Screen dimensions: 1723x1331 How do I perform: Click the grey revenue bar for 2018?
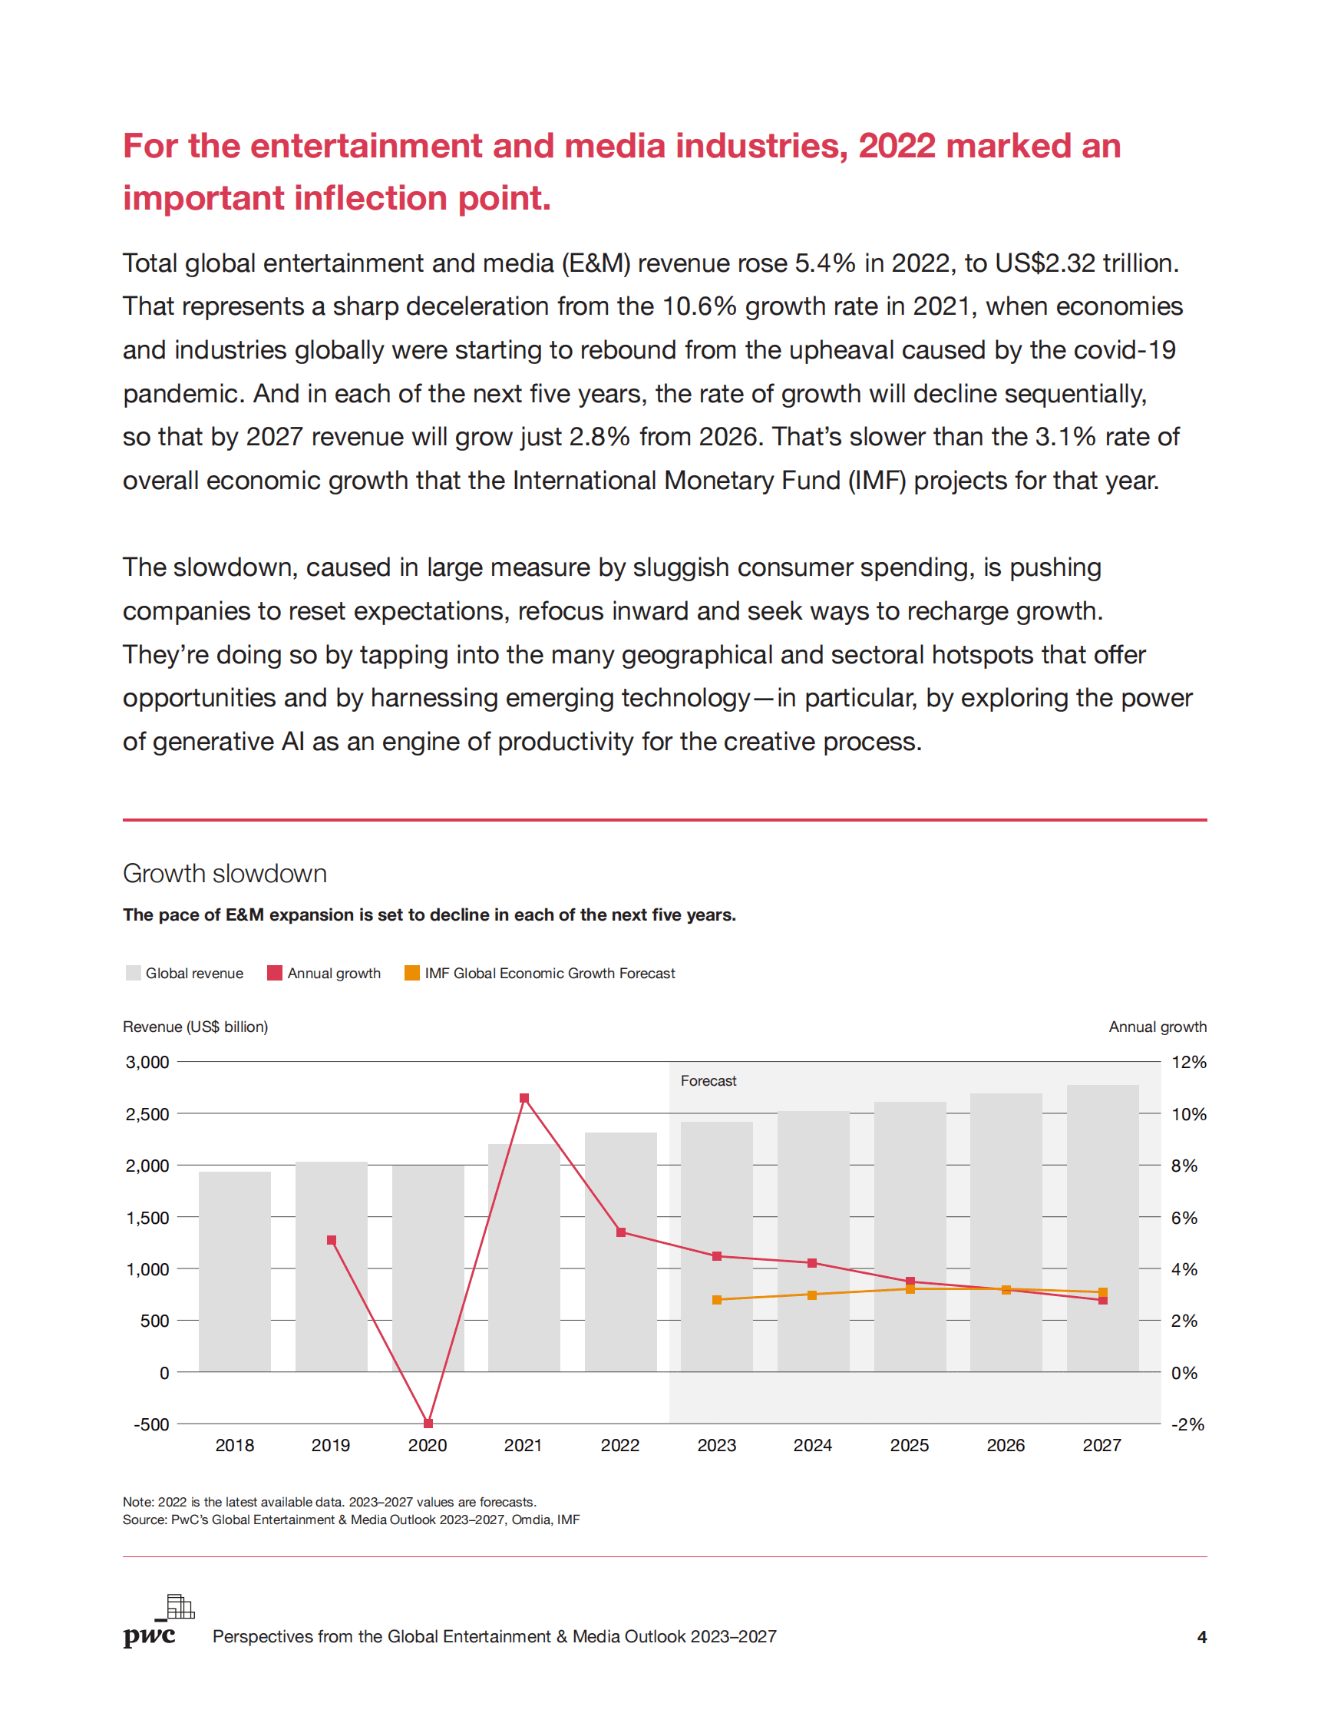(x=234, y=1271)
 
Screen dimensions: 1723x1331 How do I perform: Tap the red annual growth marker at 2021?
(x=524, y=1098)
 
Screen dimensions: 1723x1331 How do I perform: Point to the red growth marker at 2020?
(x=428, y=1424)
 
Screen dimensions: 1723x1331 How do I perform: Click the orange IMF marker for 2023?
(x=717, y=1299)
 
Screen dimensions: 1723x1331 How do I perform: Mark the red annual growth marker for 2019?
(x=331, y=1240)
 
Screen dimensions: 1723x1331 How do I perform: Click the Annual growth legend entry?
(x=324, y=973)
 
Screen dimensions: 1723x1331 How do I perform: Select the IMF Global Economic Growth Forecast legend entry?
(x=540, y=973)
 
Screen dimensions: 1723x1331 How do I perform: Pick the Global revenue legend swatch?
(x=134, y=973)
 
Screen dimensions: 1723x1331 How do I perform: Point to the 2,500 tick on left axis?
(x=147, y=1114)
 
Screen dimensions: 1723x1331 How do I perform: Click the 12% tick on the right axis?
(x=1188, y=1062)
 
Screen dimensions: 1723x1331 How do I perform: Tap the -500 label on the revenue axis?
(x=151, y=1424)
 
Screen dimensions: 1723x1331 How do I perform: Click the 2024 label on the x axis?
(x=812, y=1445)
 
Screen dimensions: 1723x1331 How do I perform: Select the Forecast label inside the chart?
(x=708, y=1081)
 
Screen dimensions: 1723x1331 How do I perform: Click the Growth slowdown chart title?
(x=225, y=873)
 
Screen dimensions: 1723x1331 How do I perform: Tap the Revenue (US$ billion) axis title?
(x=196, y=1027)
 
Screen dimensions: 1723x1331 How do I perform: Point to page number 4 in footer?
(x=1202, y=1637)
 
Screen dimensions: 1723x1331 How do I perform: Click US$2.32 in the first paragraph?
(x=1045, y=263)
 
